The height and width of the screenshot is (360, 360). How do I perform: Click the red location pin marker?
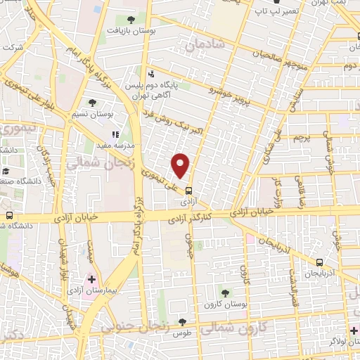(x=181, y=165)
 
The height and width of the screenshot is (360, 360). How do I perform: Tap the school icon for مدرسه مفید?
(x=115, y=134)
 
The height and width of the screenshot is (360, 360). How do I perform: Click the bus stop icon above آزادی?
(x=188, y=189)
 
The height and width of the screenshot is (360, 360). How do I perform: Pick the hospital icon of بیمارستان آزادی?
(x=92, y=279)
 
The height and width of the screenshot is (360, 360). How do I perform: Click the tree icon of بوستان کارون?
(x=225, y=292)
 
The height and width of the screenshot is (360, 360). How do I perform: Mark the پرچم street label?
(x=301, y=136)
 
